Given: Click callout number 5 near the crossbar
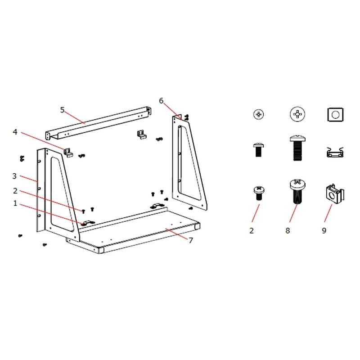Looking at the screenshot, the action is tap(62, 110).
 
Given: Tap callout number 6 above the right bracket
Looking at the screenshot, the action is tap(161, 100).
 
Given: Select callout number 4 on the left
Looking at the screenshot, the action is tap(15, 132).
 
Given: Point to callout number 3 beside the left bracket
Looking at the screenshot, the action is tap(14, 176).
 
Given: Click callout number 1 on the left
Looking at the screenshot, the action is tap(15, 203).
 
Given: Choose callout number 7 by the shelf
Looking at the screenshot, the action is tap(191, 240).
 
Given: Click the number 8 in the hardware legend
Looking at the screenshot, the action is tap(288, 230).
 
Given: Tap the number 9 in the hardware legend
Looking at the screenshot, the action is tap(324, 230).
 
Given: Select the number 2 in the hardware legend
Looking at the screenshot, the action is tap(252, 230).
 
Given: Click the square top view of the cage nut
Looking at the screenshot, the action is tap(335, 114).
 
